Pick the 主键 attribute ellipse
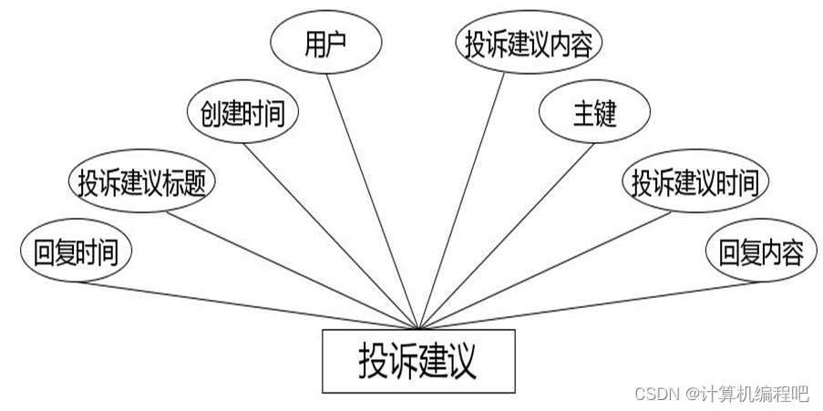594,113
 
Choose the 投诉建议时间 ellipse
695,183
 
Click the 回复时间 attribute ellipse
76,252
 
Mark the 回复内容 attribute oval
760,252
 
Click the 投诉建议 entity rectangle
418,362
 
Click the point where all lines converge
418,329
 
